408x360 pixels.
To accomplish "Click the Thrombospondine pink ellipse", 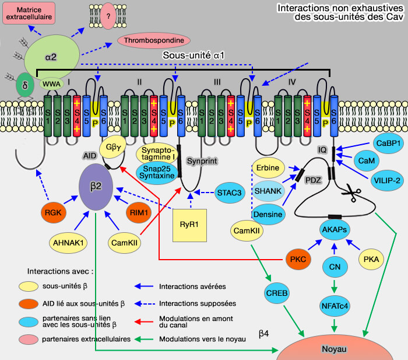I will pos(154,41).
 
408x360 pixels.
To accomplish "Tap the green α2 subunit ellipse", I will pos(51,57).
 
